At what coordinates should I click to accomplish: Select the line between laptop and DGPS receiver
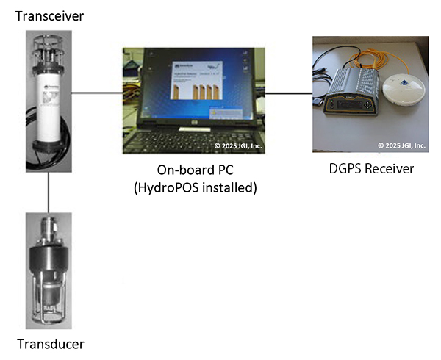tap(288, 93)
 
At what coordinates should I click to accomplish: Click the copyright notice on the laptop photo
tap(237, 146)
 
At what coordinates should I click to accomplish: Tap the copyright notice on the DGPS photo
tap(401, 145)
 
